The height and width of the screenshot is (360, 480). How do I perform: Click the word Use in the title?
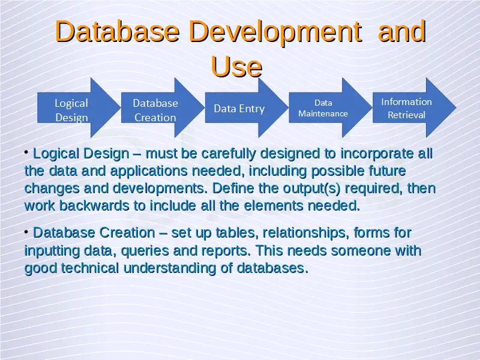pos(236,67)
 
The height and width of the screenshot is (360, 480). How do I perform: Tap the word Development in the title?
pos(275,32)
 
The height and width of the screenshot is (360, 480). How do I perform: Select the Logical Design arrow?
pos(79,108)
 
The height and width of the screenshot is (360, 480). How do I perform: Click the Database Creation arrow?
pos(163,108)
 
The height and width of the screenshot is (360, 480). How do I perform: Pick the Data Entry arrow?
pos(247,108)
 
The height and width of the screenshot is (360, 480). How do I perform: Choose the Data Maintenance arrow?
pos(331,108)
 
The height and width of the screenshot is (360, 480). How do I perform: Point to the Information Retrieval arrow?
pos(415,108)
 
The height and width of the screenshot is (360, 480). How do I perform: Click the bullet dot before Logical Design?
pos(26,152)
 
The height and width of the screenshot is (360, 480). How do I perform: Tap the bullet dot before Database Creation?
pos(26,232)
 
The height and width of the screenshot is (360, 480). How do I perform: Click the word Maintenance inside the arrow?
pos(323,113)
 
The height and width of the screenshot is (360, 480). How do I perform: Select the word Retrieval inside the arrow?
pos(407,115)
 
